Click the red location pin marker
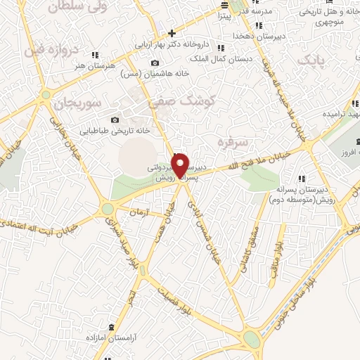pos(181,164)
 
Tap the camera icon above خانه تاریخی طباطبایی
pos(116,120)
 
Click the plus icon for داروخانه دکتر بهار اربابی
pos(172,33)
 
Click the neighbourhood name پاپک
pos(312,62)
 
